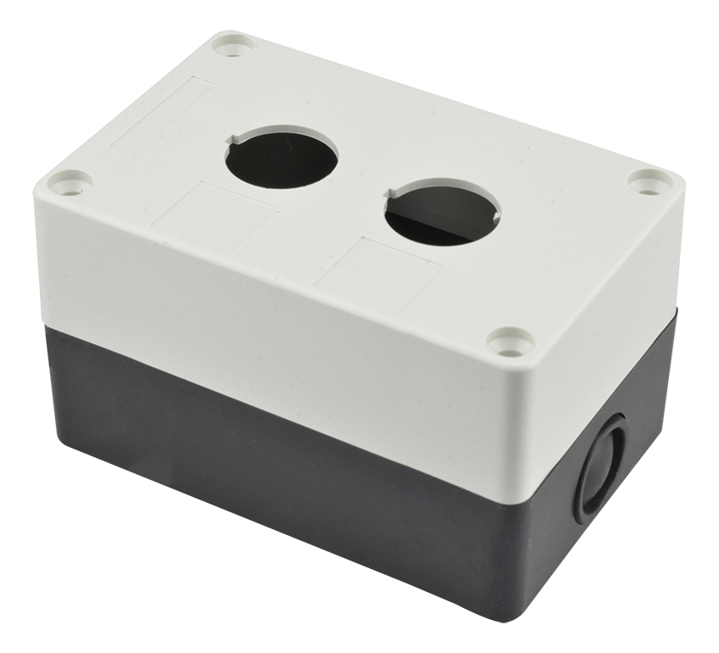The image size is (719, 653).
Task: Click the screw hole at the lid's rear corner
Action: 232,44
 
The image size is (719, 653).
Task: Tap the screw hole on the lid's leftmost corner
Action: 70,181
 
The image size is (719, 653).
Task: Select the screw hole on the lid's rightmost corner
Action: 650,181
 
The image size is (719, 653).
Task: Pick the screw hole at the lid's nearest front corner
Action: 511,342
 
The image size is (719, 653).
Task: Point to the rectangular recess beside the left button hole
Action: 215,213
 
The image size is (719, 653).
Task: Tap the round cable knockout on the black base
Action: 601,466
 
